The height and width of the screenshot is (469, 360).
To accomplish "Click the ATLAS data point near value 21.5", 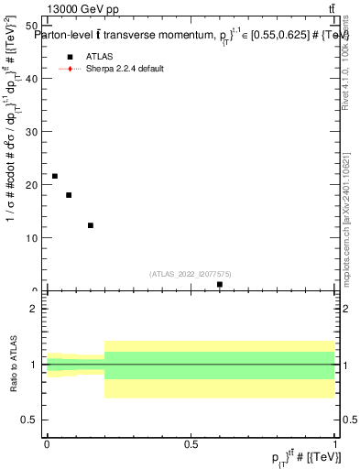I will pyautogui.click(x=55, y=176).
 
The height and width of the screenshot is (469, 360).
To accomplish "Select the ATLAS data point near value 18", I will pyautogui.click(x=69, y=195).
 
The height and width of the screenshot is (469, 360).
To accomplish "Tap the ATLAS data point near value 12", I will pyautogui.click(x=91, y=225).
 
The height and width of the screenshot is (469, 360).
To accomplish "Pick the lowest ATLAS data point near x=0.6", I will pyautogui.click(x=220, y=285).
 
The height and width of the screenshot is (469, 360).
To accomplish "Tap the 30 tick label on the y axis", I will pyautogui.click(x=33, y=132).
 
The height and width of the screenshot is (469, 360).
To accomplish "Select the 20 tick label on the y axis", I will pyautogui.click(x=33, y=185).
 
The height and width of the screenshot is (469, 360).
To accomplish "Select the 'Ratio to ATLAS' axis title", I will pyautogui.click(x=13, y=365).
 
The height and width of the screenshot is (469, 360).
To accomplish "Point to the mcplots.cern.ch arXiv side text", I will pyautogui.click(x=345, y=211).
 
